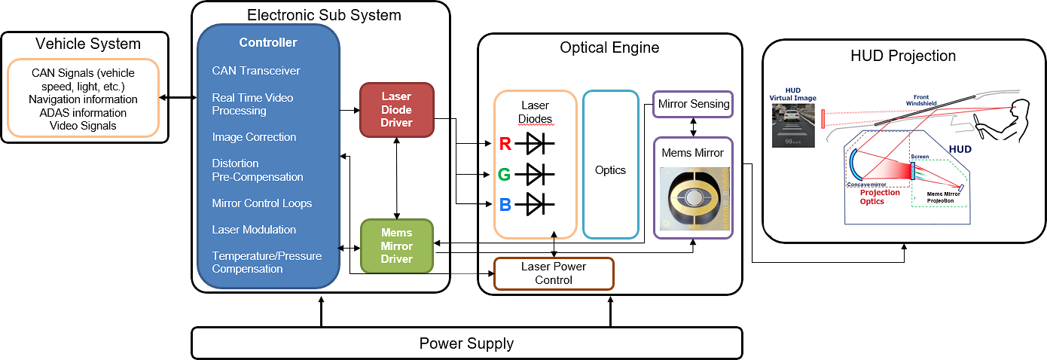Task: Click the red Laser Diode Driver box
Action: (397, 110)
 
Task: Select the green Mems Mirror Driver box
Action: (397, 246)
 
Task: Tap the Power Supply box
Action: (466, 343)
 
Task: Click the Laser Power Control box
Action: (554, 273)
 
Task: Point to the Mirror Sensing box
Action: (693, 103)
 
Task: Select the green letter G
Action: (505, 175)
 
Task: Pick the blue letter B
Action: (505, 204)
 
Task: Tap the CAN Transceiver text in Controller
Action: (256, 71)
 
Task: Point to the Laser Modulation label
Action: (254, 230)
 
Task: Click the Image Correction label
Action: (254, 137)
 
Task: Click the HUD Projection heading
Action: (903, 56)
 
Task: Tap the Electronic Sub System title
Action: (324, 15)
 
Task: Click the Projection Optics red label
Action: (880, 197)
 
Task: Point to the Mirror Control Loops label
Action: (262, 203)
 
